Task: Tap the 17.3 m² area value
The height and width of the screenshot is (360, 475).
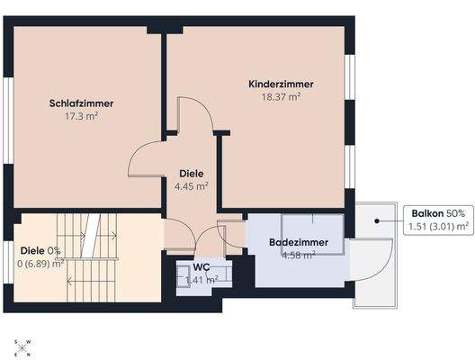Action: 82,116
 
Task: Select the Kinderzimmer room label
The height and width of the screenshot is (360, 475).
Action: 281,85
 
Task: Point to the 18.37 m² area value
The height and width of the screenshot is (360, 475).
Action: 281,97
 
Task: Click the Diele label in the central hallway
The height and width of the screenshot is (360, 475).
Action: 191,174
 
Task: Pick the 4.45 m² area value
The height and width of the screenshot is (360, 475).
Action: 191,186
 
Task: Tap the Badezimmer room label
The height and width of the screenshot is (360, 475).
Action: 299,243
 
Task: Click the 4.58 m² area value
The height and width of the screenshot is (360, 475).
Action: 299,256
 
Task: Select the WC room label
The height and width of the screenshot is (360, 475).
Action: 201,267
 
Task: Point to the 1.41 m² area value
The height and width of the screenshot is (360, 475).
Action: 201,280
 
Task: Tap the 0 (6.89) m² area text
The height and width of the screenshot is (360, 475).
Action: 40,264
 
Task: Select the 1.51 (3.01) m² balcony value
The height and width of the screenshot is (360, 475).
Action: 438,227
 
